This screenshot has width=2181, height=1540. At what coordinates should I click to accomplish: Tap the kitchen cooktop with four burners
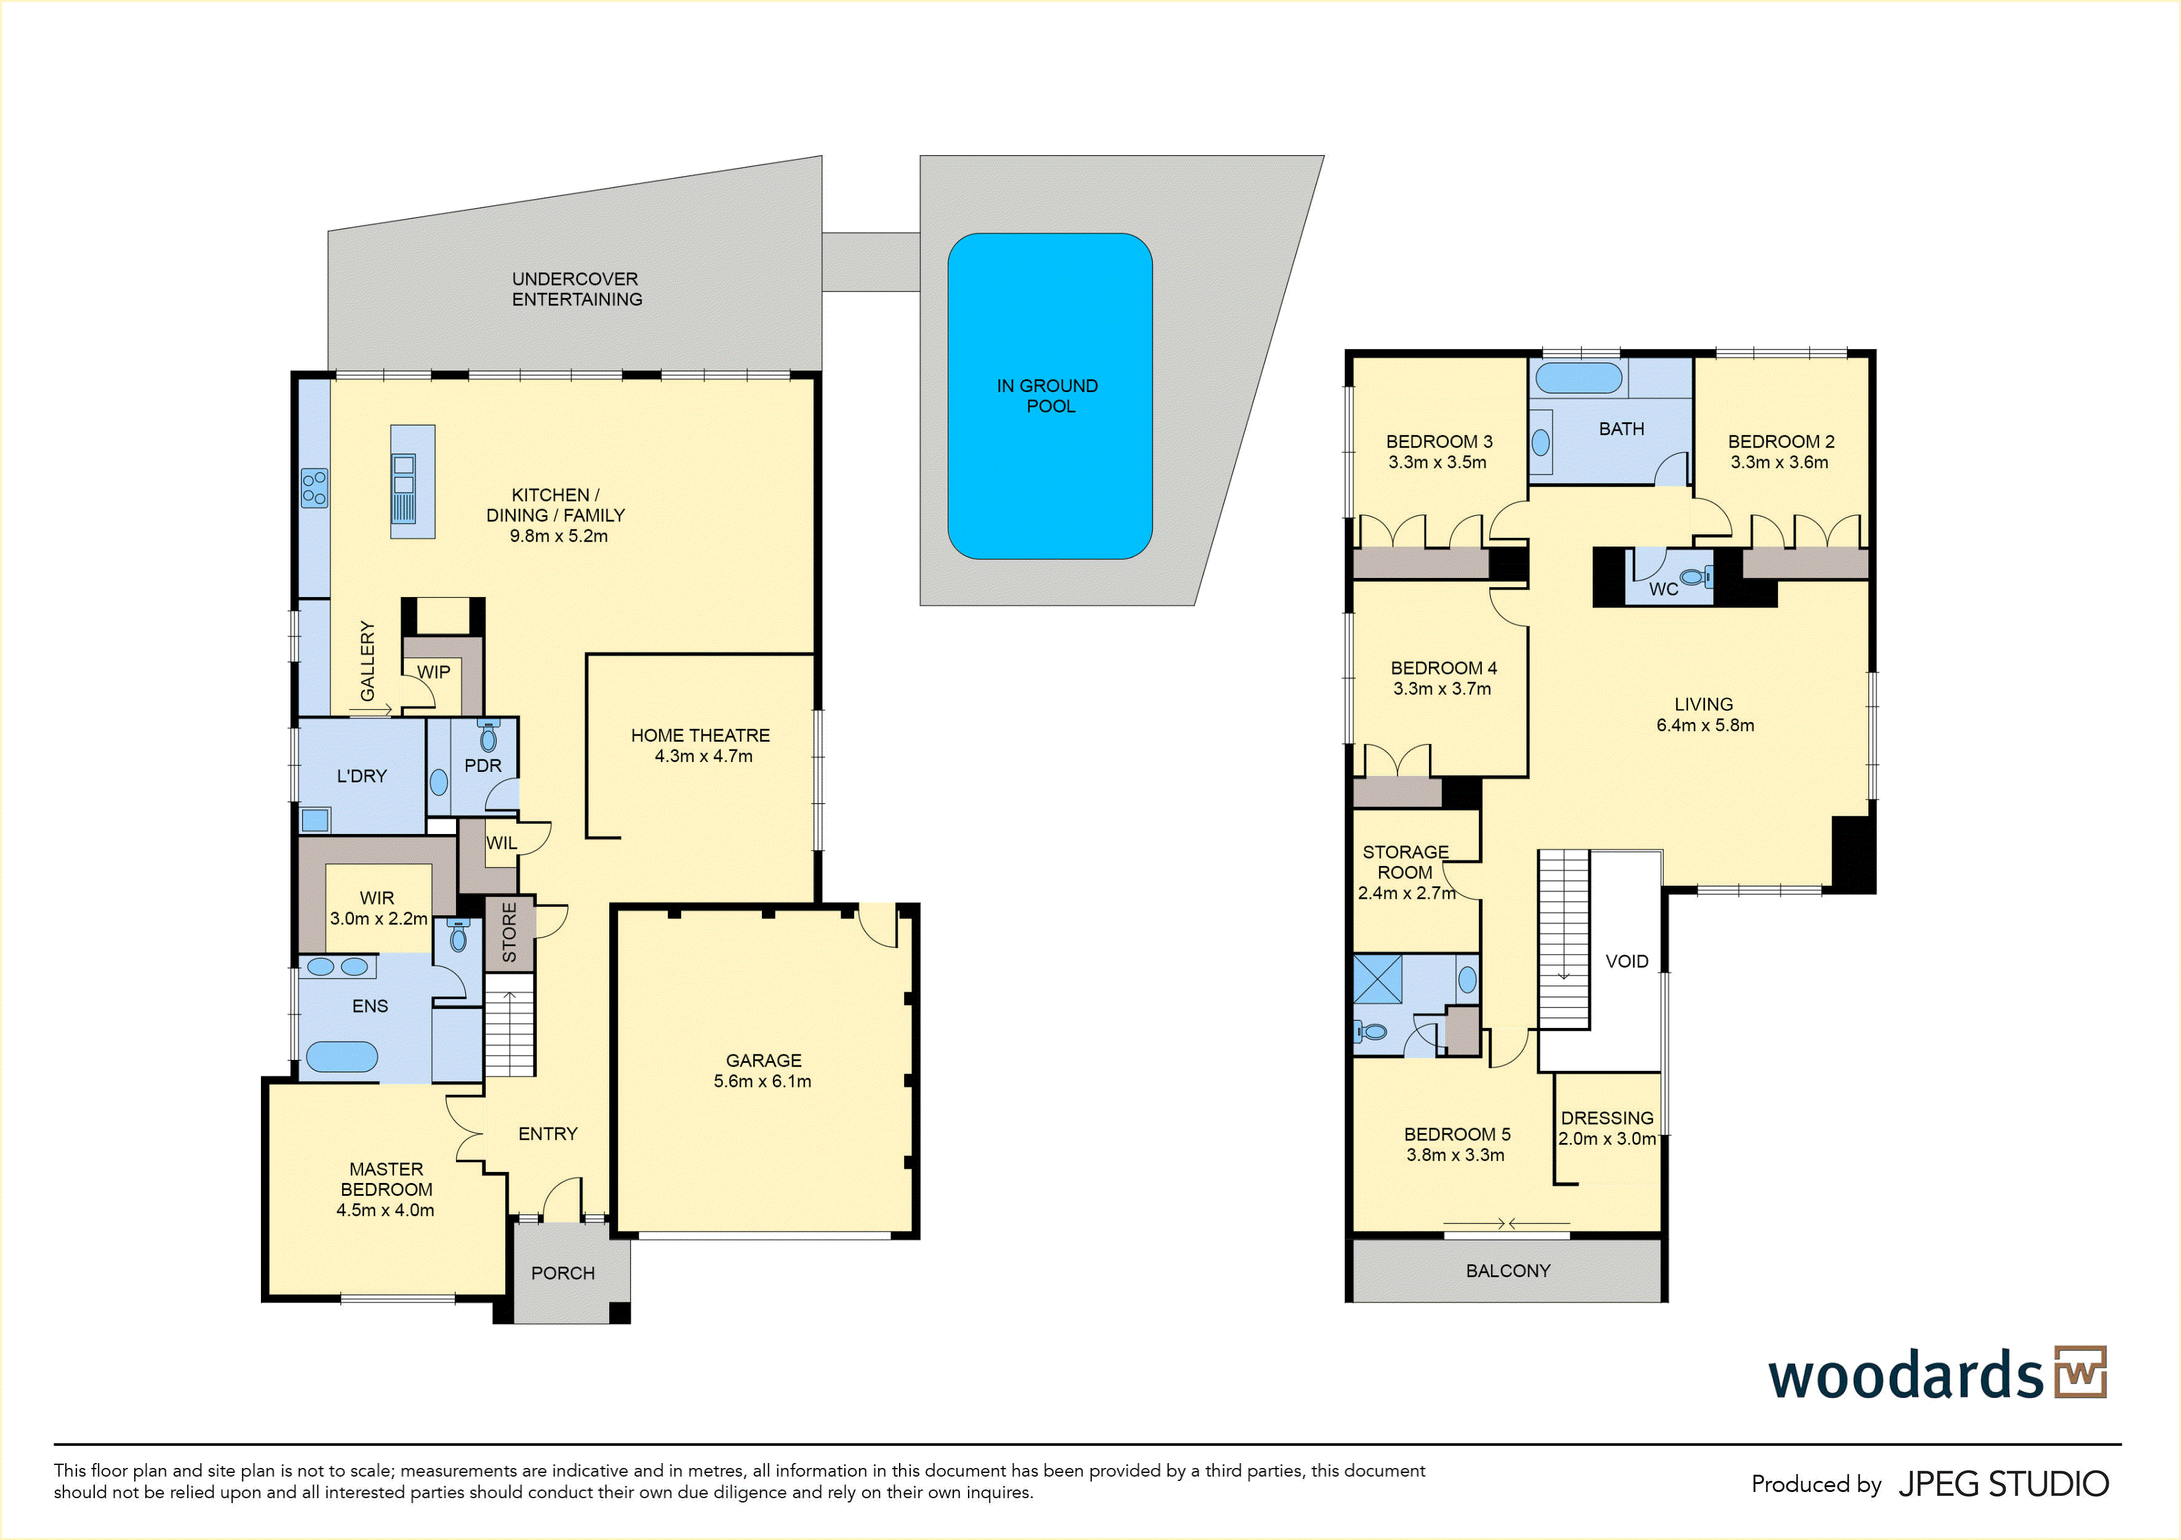tap(314, 487)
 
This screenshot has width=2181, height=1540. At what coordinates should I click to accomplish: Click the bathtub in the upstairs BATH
tap(1578, 377)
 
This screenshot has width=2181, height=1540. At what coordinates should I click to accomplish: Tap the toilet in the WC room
tap(1694, 575)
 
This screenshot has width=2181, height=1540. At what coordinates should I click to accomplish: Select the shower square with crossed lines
tap(1377, 979)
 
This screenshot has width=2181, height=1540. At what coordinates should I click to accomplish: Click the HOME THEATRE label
tap(700, 736)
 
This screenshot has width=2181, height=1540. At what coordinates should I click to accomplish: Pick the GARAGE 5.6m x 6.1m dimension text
tap(762, 1081)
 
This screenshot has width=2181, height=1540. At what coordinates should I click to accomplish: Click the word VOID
tap(1627, 961)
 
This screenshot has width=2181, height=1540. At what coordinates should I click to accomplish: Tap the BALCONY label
tap(1508, 1270)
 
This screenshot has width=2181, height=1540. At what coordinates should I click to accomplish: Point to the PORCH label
tap(562, 1273)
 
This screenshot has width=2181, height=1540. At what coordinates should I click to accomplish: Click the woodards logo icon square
tap(2080, 1372)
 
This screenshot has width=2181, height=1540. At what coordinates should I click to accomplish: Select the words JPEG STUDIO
tap(2003, 1484)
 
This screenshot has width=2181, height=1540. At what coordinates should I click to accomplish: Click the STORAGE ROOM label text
tap(1406, 862)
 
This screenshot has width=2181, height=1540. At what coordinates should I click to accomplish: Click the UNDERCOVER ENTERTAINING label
tap(577, 289)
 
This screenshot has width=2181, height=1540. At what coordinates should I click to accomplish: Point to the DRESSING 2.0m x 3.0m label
tap(1607, 1128)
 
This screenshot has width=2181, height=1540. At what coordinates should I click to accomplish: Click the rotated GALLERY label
tap(367, 660)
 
